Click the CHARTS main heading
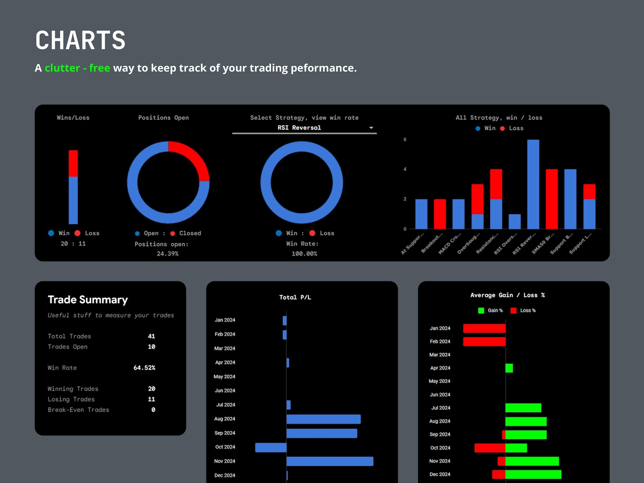click(x=80, y=40)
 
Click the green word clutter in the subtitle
click(x=62, y=68)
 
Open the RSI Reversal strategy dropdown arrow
click(x=371, y=128)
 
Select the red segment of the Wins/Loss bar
click(x=73, y=163)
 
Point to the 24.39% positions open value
click(x=167, y=253)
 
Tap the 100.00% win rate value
click(x=304, y=253)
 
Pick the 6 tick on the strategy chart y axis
click(x=405, y=140)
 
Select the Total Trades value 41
click(x=151, y=336)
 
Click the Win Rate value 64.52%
click(x=144, y=368)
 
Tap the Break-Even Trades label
click(x=78, y=410)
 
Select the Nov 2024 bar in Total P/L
click(x=330, y=461)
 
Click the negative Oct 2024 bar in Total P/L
click(x=270, y=447)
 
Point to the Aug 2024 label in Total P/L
click(x=225, y=419)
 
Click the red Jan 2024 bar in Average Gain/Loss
click(x=484, y=328)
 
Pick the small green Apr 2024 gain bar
click(x=509, y=368)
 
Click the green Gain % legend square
click(x=481, y=311)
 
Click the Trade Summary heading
click(x=88, y=300)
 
